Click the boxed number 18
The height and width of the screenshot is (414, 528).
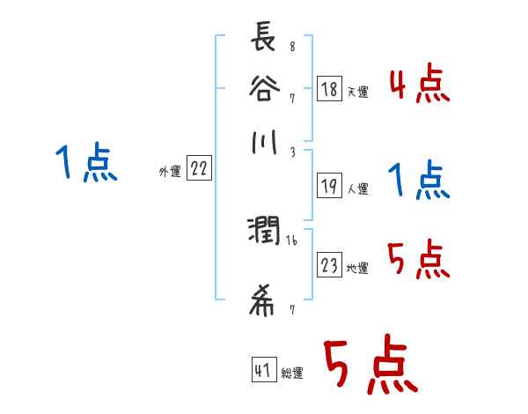[330, 88]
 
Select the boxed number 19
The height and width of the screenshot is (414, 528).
[330, 187]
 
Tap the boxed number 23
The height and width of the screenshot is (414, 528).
[330, 266]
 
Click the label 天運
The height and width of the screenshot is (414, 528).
[357, 92]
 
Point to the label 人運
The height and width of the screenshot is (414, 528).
[357, 189]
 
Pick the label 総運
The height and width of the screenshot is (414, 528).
[292, 373]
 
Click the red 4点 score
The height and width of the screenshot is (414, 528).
[419, 85]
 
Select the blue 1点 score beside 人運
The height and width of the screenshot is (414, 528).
[419, 182]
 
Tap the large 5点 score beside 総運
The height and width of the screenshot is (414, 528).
[370, 367]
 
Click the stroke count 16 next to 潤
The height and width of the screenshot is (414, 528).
[291, 239]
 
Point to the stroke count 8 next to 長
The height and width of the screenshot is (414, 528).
[291, 47]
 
